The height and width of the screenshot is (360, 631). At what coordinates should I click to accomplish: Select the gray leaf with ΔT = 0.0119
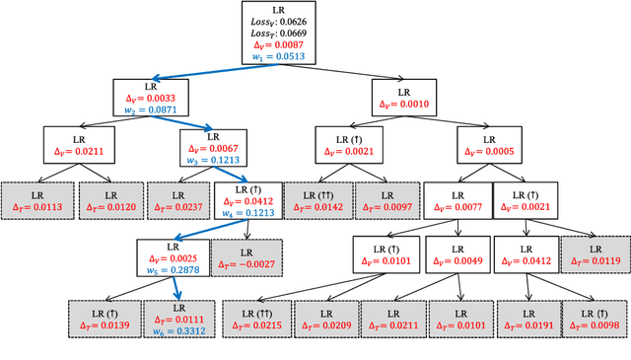[x=596, y=256]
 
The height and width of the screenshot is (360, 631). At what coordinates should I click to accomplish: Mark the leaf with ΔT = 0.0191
[x=527, y=318]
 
